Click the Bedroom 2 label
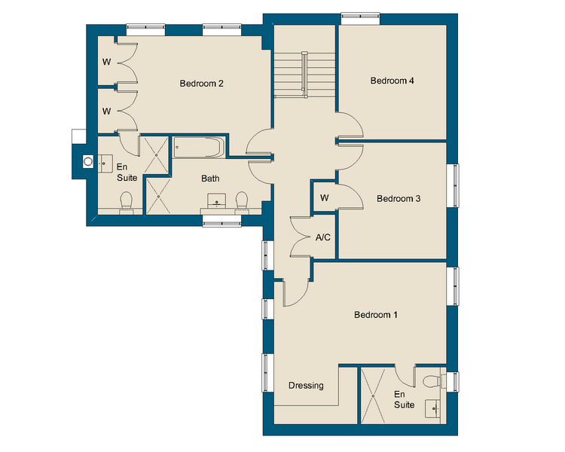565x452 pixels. tap(201, 84)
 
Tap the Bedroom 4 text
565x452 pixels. tap(392, 81)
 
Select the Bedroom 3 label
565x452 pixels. tap(399, 199)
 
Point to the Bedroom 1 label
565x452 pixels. tap(376, 315)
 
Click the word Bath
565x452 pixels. tap(210, 179)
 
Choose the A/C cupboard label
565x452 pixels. tap(323, 237)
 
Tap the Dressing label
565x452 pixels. tap(306, 386)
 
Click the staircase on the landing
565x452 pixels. tap(290, 74)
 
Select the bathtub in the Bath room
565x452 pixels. tap(198, 146)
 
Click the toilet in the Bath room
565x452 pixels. tap(242, 201)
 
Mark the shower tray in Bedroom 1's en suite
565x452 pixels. tap(374, 395)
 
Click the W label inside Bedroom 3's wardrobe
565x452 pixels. tap(324, 198)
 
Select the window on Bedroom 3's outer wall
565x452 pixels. tap(455, 185)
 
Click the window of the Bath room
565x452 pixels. tap(221, 221)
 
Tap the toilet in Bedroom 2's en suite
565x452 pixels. tap(127, 201)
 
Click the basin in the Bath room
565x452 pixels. tap(218, 202)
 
